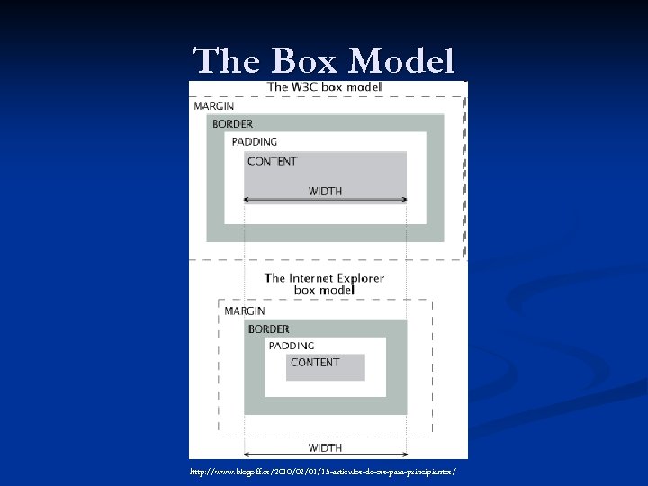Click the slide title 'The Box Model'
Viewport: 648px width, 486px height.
(x=324, y=61)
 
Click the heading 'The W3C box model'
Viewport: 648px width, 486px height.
(x=325, y=87)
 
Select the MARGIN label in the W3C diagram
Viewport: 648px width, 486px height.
(x=214, y=106)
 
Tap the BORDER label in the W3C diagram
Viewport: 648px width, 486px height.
(x=232, y=123)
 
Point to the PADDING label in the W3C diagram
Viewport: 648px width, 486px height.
(x=255, y=141)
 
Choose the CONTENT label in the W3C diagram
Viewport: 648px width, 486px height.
(x=272, y=161)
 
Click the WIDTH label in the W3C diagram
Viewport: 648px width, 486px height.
(x=325, y=191)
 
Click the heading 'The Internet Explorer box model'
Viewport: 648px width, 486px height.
(x=324, y=284)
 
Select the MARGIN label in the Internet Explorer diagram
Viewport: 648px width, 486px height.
(x=245, y=310)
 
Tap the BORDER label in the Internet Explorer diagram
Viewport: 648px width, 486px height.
(x=268, y=328)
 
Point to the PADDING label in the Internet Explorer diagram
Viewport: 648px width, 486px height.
(x=292, y=346)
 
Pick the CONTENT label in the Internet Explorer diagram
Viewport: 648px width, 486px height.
(x=315, y=363)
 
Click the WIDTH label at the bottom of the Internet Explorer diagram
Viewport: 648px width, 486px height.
(x=325, y=447)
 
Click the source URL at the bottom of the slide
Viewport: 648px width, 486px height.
(x=323, y=472)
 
